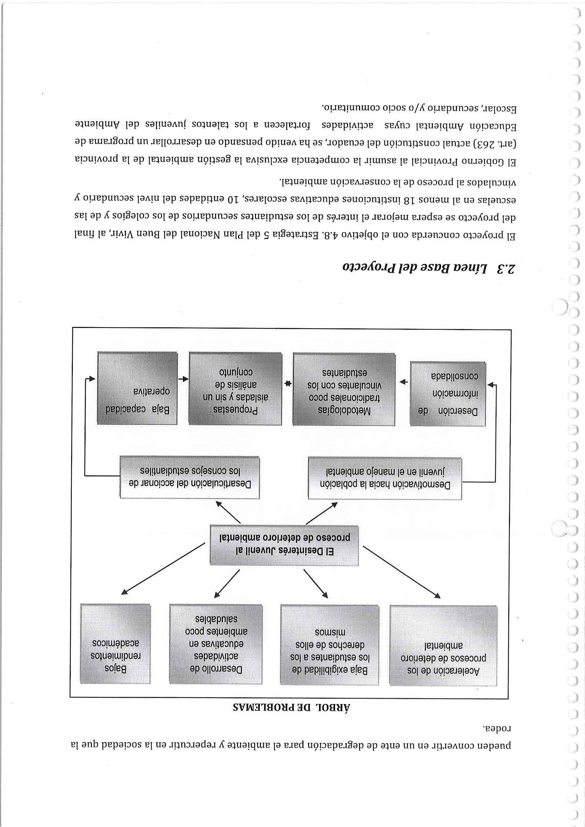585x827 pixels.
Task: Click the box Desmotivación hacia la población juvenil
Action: [x=384, y=477]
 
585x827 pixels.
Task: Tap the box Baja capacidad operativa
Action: [x=137, y=388]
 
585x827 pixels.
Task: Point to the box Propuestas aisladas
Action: [x=235, y=388]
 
